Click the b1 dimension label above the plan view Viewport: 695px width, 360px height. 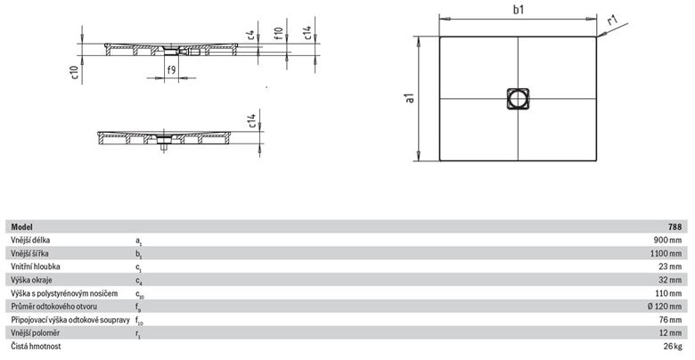(x=519, y=10)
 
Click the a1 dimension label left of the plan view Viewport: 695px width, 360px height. (x=411, y=97)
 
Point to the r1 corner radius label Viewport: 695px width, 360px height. (x=612, y=20)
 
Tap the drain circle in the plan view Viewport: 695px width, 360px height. (x=518, y=98)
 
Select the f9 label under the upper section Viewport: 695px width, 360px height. (x=171, y=70)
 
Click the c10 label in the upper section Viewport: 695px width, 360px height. (x=74, y=73)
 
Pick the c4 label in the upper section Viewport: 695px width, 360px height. (x=250, y=36)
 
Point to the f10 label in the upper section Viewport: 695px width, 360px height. (x=278, y=33)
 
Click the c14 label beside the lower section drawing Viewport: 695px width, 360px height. (x=251, y=121)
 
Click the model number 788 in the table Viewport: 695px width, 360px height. (x=675, y=227)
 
